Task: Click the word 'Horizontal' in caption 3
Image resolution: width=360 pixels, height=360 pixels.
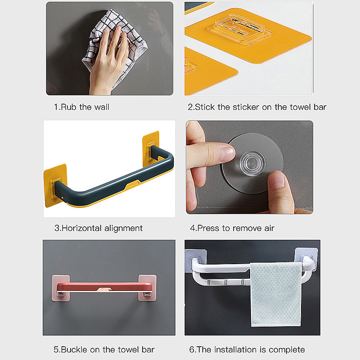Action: coord(81,228)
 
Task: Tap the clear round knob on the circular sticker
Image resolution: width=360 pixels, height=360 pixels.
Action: coord(252,163)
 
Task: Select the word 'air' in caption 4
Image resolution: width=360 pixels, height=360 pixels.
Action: coord(269,228)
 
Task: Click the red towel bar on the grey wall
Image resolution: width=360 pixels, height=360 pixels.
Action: coord(104,288)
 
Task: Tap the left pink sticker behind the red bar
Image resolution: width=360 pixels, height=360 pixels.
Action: coord(61,288)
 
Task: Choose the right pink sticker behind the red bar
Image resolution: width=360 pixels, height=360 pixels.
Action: coord(148,288)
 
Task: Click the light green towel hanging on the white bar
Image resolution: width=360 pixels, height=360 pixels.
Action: coord(276,295)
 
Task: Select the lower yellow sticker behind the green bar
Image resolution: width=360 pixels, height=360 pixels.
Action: coord(55,185)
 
